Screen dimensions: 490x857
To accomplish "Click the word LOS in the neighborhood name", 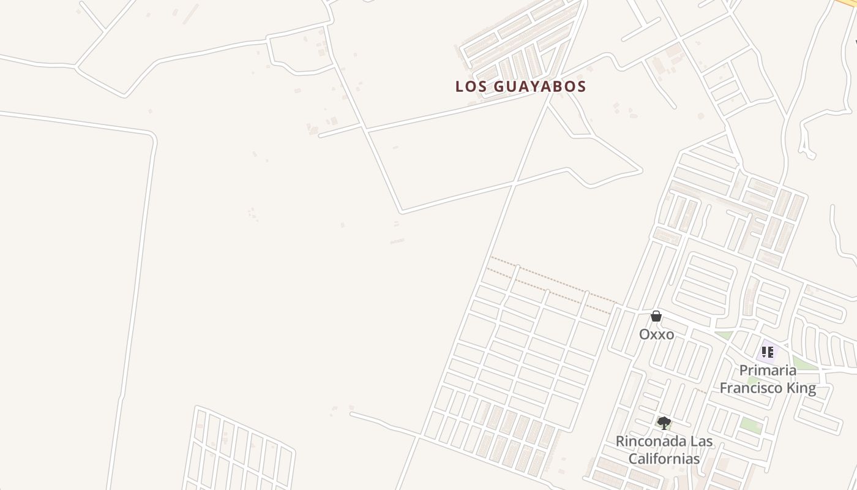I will (470, 86).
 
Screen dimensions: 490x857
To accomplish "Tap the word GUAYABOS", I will (539, 86).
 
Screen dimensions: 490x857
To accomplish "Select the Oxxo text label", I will (656, 334).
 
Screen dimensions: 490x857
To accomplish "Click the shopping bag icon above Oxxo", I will (656, 317).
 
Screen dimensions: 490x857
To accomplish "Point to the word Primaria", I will (768, 370).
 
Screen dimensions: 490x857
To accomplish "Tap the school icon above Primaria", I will (768, 352).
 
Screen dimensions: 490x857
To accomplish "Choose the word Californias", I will (663, 458).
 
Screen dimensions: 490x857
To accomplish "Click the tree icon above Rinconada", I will (664, 423).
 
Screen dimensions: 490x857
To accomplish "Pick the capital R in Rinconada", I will (620, 441).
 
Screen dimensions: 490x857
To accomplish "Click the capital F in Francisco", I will (724, 388).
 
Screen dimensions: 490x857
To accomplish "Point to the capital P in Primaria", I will (744, 370).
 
